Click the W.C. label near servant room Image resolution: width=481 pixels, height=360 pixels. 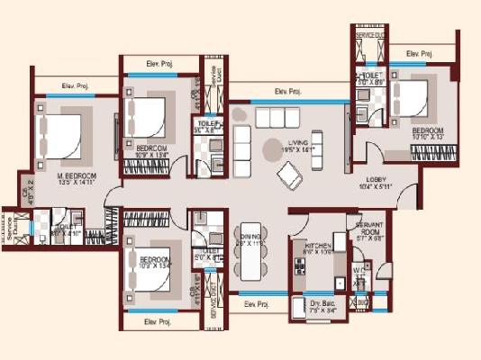(358, 270)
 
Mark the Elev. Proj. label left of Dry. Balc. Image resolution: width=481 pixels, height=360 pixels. (257, 305)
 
